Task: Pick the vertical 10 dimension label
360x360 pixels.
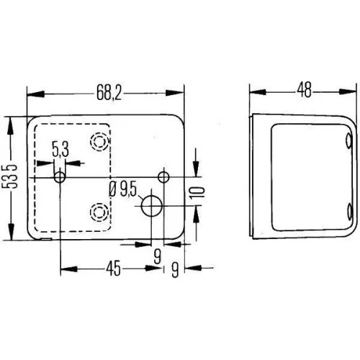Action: [x=200, y=192]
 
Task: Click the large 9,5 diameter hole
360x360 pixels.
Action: [x=152, y=206]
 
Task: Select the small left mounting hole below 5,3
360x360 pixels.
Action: [x=60, y=176]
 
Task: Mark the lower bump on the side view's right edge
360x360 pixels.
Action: [x=349, y=211]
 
